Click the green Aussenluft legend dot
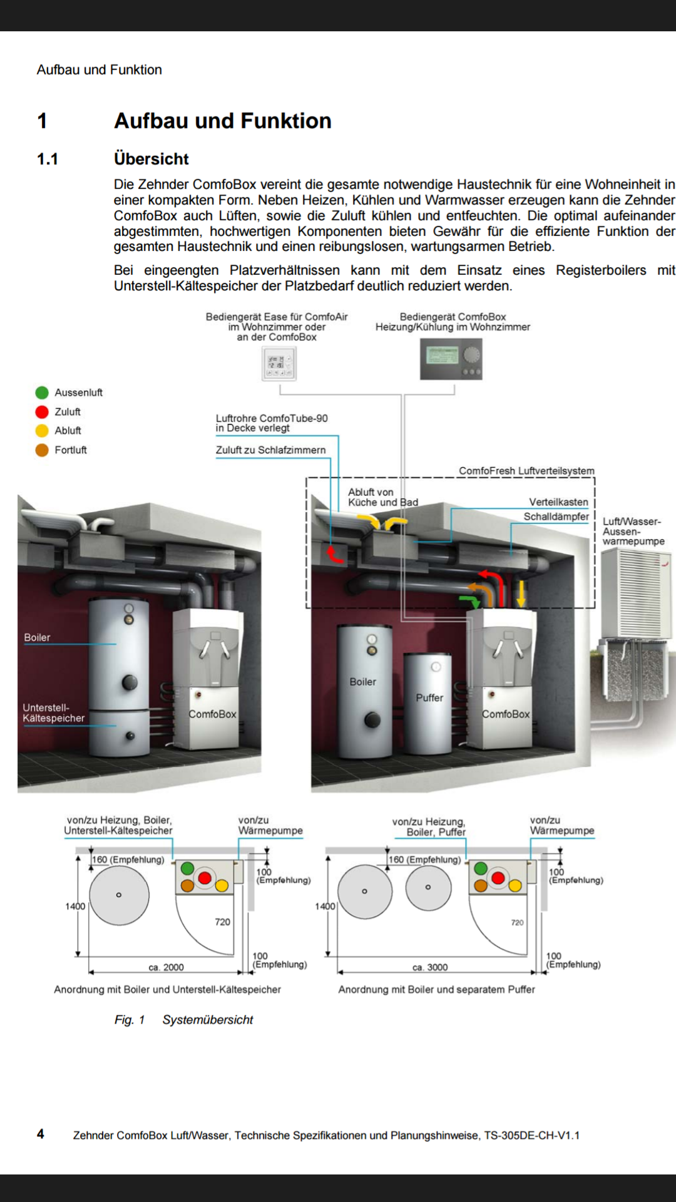[x=42, y=393]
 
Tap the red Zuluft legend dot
[x=42, y=412]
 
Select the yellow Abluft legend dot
[x=42, y=431]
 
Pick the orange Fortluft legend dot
[x=42, y=450]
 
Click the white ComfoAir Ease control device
[x=279, y=364]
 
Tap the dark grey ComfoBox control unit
[x=451, y=359]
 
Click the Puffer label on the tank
[x=429, y=697]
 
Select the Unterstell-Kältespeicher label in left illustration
[x=53, y=713]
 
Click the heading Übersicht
[x=151, y=159]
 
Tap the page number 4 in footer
[x=41, y=1134]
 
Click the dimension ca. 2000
[x=166, y=967]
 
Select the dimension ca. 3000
[x=430, y=967]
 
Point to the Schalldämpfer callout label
[x=556, y=516]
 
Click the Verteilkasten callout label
[x=558, y=502]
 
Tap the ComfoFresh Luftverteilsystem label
[x=526, y=471]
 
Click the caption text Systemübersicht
[x=208, y=1020]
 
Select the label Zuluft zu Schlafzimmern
[x=270, y=450]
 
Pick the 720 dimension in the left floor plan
[x=222, y=922]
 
